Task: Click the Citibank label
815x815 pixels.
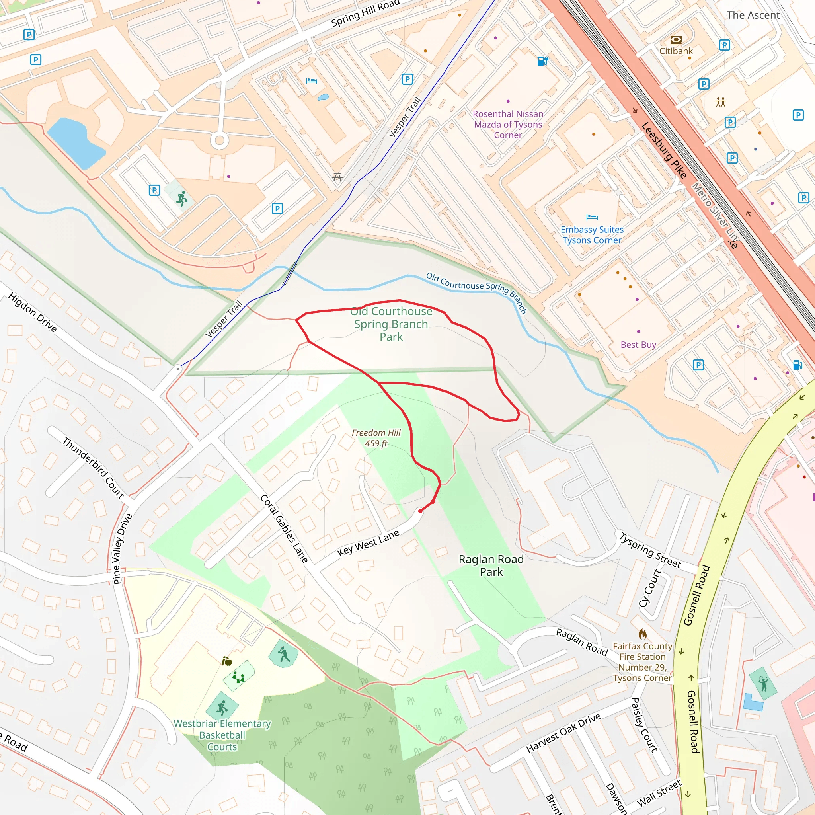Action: pos(676,51)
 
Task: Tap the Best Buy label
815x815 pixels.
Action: pos(638,345)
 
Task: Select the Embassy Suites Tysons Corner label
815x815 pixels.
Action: pos(592,235)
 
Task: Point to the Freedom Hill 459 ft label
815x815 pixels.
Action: pos(376,438)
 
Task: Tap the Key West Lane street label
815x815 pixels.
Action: pos(368,543)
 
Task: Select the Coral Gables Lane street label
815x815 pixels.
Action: pos(284,528)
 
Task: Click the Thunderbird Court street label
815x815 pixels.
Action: pos(93,468)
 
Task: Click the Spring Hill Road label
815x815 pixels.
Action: pos(365,14)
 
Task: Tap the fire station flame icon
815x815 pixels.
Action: pos(642,634)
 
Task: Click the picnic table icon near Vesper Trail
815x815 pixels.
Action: pos(337,177)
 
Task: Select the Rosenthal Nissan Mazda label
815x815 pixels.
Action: pos(508,125)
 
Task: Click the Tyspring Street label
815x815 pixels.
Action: pos(649,550)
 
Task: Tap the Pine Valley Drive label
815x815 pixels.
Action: pos(122,549)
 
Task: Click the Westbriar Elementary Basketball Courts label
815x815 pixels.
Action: pos(222,735)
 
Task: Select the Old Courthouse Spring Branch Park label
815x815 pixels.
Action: pos(391,324)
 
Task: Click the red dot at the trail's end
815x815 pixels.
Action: pos(420,511)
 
